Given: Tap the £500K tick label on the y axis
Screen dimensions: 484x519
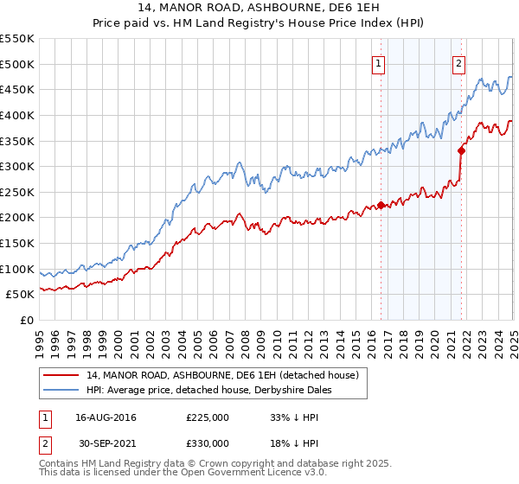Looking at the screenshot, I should (x=17, y=64).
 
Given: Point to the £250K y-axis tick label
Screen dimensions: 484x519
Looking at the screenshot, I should (x=17, y=192).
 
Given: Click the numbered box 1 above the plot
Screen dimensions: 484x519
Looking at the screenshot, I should (x=379, y=62).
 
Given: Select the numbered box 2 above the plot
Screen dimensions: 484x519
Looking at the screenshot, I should (x=458, y=62).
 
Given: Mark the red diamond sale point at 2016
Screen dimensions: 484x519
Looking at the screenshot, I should (x=381, y=205).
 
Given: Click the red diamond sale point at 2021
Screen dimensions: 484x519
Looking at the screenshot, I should (x=462, y=151).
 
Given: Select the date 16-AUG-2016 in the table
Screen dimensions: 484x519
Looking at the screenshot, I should (x=106, y=417).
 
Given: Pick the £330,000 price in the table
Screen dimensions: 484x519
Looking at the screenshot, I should (x=207, y=443).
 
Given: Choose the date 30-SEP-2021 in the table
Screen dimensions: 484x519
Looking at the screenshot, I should (x=106, y=443).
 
